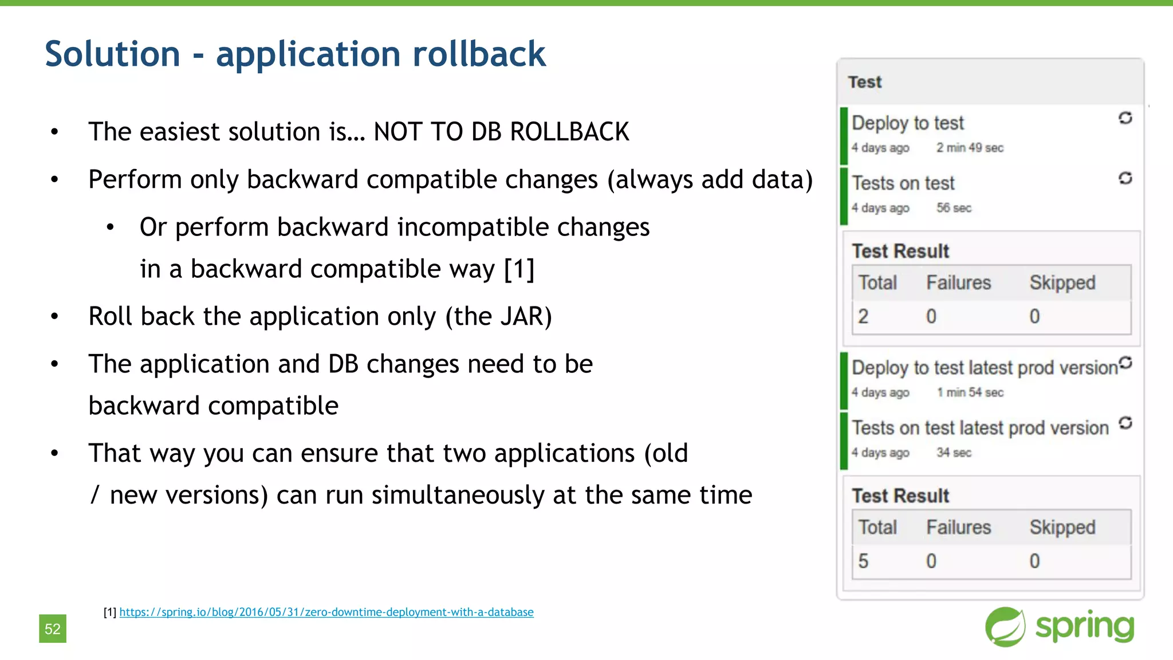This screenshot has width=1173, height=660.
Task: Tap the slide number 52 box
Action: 53,629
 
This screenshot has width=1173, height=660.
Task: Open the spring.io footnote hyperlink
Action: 326,612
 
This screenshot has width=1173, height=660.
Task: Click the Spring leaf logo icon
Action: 1005,627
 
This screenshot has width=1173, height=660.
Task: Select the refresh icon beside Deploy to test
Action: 1125,118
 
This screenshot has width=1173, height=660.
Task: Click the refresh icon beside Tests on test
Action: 1125,178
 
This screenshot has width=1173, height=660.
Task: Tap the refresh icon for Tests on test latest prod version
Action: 1125,423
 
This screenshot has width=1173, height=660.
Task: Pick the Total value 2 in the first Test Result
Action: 863,316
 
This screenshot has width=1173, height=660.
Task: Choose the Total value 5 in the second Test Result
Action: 863,561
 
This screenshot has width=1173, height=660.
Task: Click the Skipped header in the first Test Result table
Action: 1062,283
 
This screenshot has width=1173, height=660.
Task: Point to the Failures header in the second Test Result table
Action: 958,528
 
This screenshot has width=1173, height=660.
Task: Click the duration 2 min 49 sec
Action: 970,148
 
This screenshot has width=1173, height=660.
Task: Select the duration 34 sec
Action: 954,453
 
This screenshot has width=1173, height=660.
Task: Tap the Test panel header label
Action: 865,82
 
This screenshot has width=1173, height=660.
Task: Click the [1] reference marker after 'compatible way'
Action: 519,269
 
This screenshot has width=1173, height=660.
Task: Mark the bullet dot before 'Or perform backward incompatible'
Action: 111,228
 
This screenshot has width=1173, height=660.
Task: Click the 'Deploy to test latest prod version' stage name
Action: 984,368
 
